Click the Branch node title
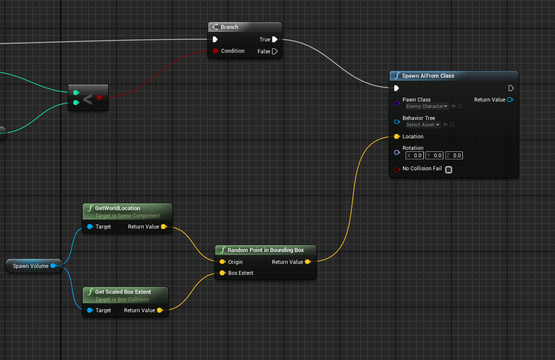click(x=229, y=27)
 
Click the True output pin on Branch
click(x=275, y=39)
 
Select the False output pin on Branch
click(x=275, y=51)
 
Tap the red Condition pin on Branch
click(x=215, y=51)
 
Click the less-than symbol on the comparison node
click(x=87, y=99)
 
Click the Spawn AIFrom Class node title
click(x=427, y=76)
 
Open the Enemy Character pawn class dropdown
click(x=427, y=107)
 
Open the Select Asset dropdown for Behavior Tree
click(x=423, y=125)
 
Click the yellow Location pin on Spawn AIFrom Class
click(x=397, y=136)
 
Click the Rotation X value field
click(x=415, y=155)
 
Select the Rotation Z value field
click(x=454, y=155)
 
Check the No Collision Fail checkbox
click(x=448, y=169)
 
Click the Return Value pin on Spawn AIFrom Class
click(x=510, y=100)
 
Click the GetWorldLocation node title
click(x=118, y=208)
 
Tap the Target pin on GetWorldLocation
click(x=90, y=227)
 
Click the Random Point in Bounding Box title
click(x=265, y=250)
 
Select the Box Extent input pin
click(x=222, y=273)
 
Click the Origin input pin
click(x=222, y=262)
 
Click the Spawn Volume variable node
click(x=31, y=266)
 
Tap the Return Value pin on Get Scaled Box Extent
click(x=159, y=310)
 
